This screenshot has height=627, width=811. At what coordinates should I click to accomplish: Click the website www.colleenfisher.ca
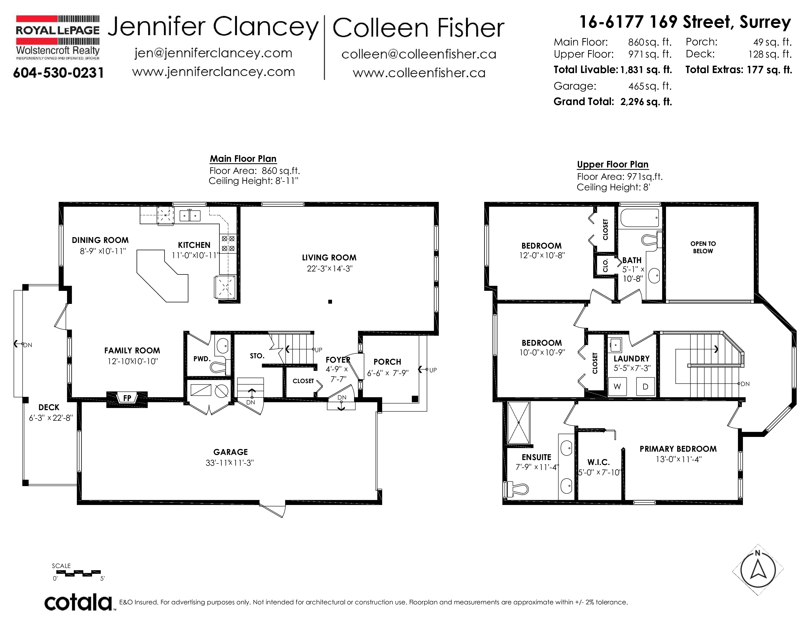419,73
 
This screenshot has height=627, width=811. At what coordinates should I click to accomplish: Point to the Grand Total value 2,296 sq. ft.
646,102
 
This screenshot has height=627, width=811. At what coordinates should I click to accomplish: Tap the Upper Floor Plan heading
613,164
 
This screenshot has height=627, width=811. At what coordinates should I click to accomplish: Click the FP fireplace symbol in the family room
127,399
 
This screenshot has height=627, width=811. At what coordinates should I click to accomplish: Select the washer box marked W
617,387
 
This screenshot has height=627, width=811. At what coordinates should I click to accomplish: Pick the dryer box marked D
645,387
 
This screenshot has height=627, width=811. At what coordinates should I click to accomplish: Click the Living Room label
329,258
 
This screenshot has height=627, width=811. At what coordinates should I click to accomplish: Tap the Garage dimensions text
230,463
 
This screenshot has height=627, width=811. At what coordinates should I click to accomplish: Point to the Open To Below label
703,247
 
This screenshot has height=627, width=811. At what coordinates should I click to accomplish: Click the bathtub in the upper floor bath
639,217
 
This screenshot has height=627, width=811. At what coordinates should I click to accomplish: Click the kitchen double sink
190,215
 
